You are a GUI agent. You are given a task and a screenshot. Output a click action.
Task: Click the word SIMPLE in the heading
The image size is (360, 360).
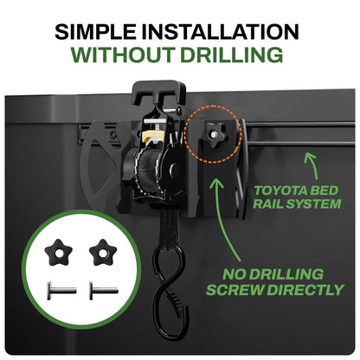click(95, 32)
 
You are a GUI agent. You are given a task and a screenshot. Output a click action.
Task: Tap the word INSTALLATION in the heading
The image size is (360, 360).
click(220, 32)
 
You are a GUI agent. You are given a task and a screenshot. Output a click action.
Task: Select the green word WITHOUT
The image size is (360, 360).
click(123, 55)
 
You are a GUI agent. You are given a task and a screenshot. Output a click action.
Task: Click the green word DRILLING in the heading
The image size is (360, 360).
click(232, 55)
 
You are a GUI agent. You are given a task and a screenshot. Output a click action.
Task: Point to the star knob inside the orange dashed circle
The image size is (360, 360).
click(214, 135)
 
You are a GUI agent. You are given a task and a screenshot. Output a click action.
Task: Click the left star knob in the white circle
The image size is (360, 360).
click(58, 253)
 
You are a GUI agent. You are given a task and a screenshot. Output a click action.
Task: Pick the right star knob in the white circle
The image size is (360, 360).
click(103, 253)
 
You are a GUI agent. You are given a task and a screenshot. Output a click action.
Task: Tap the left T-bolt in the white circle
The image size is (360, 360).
click(61, 291)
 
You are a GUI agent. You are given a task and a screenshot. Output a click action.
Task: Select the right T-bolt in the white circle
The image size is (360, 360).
click(104, 291)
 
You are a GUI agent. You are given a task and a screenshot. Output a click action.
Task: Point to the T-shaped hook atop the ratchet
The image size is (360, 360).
click(158, 92)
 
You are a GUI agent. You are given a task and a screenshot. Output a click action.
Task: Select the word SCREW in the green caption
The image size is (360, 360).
click(235, 290)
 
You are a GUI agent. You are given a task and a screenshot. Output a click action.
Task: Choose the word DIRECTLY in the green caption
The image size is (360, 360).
click(305, 290)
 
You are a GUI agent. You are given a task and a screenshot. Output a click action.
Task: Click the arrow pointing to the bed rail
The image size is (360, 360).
click(312, 165)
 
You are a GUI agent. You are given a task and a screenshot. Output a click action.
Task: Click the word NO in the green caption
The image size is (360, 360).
click(234, 274)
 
